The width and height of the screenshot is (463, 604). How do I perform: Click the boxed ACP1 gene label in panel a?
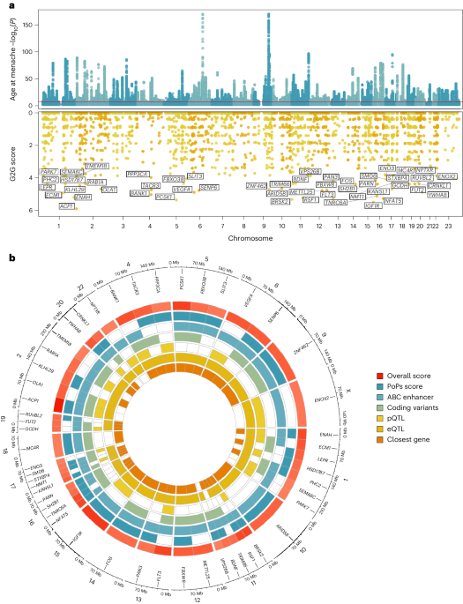click(x=66, y=205)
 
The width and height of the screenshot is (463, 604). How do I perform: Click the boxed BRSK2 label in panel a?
click(x=280, y=202)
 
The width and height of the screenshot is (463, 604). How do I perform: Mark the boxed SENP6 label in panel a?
click(x=209, y=188)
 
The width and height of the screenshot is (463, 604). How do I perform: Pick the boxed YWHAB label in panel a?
click(x=437, y=194)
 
